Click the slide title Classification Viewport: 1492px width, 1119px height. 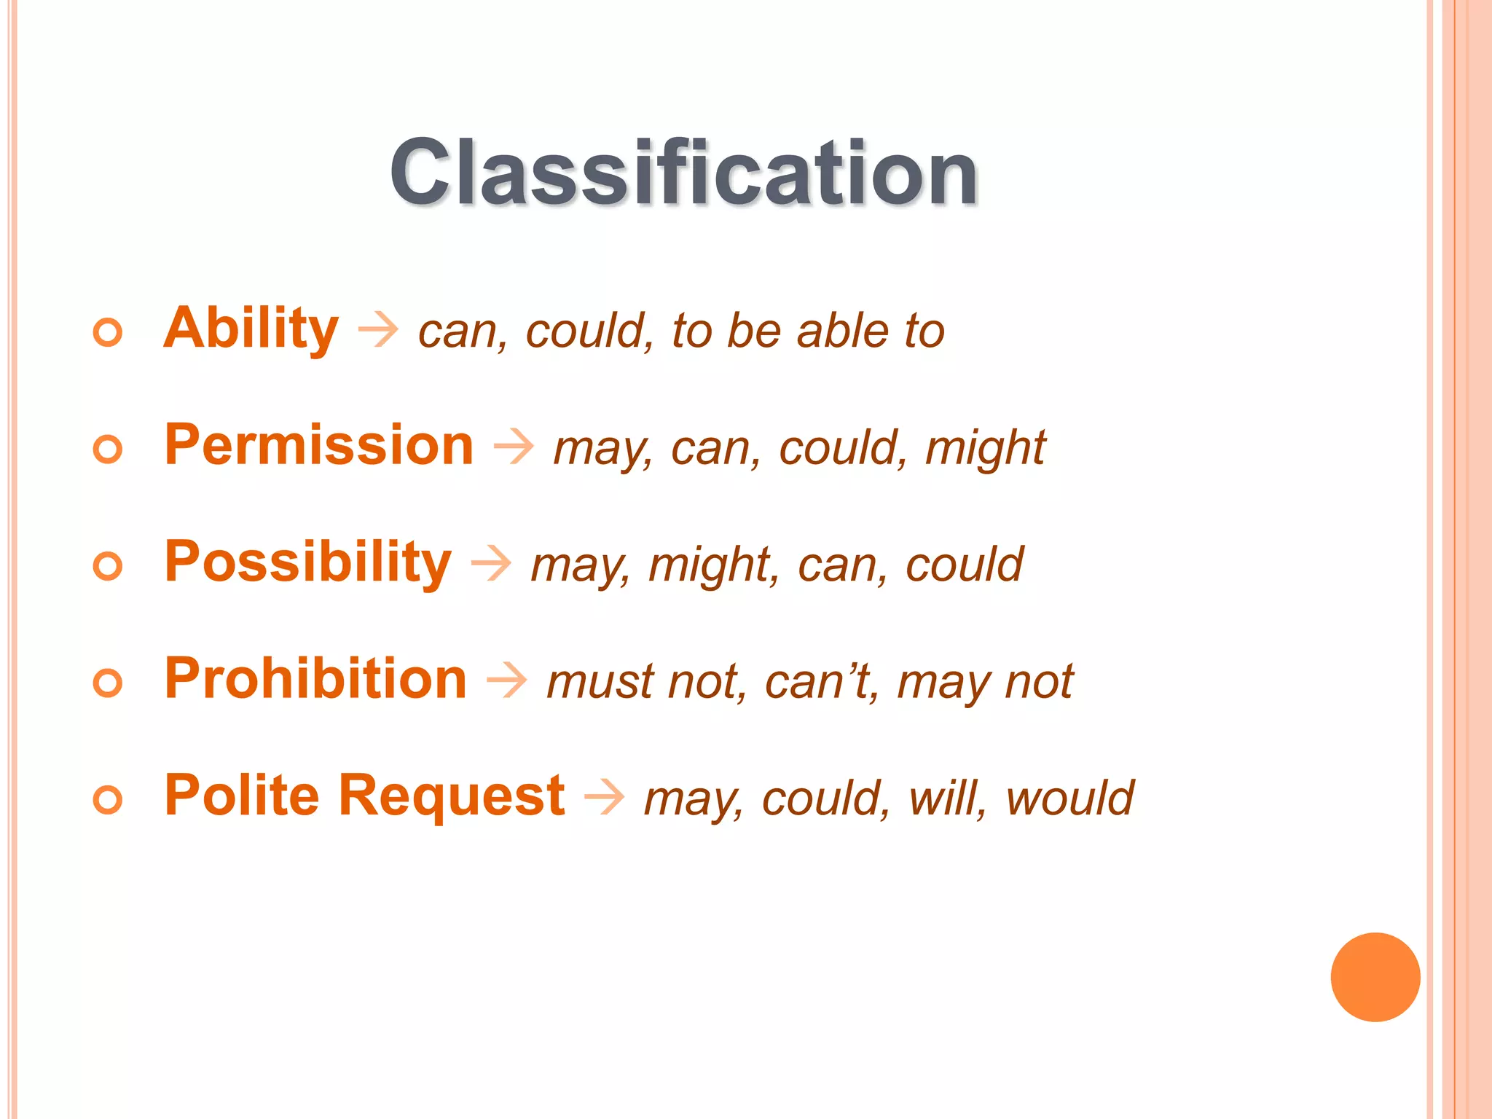[683, 173]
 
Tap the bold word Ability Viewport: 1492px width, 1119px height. [251, 329]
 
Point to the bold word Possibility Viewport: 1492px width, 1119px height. [308, 562]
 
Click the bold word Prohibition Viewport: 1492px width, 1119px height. [315, 679]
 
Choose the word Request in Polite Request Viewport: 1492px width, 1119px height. [452, 796]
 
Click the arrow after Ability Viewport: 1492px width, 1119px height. [378, 330]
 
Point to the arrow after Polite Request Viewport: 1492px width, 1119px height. [605, 797]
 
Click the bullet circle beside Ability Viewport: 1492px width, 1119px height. [108, 333]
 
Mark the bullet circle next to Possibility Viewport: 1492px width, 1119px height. [108, 566]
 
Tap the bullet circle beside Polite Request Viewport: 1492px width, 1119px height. [108, 800]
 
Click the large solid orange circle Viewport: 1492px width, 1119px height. [1375, 977]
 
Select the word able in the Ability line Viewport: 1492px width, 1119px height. [843, 331]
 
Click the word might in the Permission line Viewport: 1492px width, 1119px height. [985, 448]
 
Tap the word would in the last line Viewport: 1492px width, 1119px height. [1069, 798]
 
